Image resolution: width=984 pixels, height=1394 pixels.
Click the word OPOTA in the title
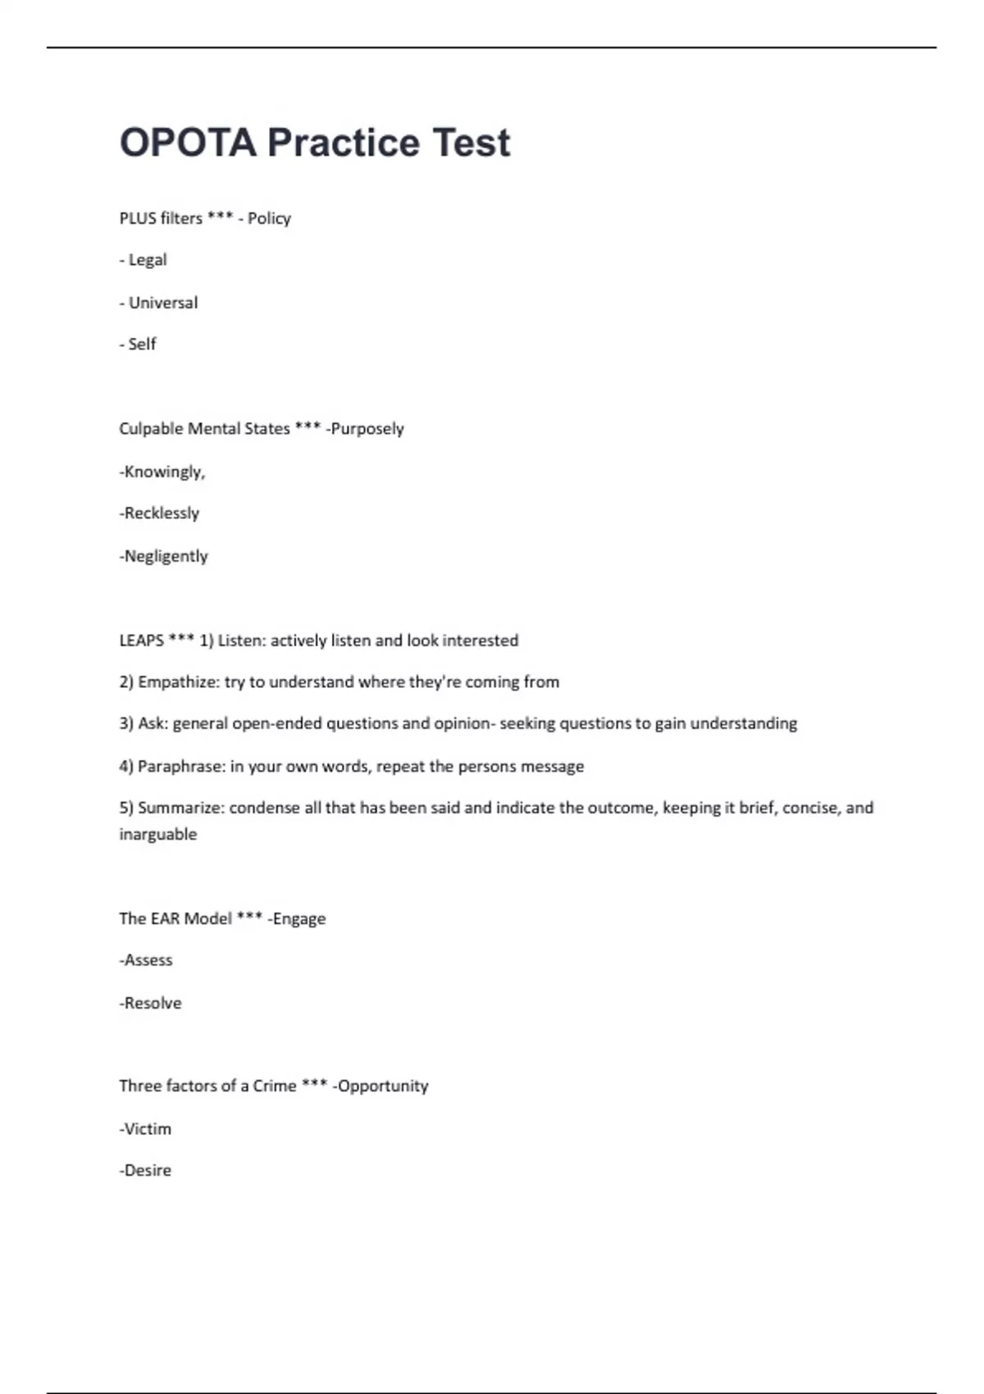188,143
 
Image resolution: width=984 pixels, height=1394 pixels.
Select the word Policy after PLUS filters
270,218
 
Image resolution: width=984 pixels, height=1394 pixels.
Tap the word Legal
148,260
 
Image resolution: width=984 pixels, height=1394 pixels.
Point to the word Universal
163,303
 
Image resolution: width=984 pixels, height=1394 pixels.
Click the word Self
142,344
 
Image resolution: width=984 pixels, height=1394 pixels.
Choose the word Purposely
367,429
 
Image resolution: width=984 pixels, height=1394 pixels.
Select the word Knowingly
163,471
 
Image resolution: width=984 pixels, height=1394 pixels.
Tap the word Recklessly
162,513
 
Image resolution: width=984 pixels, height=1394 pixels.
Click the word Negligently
166,556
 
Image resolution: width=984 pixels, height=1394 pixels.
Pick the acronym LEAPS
141,640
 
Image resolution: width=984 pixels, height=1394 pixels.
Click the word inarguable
158,834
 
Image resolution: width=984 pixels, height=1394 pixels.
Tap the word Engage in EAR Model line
299,918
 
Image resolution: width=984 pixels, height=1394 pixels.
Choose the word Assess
148,960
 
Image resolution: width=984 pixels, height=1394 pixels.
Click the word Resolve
153,1003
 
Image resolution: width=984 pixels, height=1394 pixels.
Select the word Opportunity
383,1086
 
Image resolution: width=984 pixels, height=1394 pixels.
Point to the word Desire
148,1170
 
